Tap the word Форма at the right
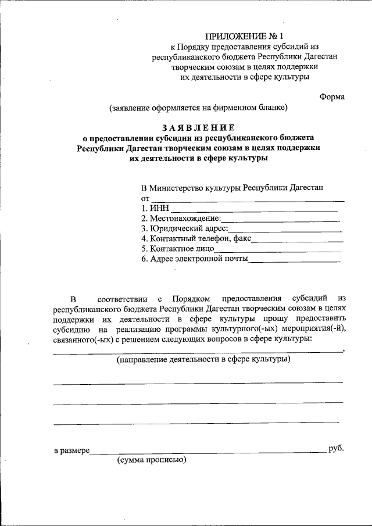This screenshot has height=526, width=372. point(332,96)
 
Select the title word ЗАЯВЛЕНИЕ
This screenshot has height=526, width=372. point(199,127)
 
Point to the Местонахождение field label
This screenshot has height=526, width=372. point(181,219)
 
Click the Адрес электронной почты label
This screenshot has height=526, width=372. point(194,259)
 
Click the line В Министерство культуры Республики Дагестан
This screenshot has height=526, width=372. point(233,188)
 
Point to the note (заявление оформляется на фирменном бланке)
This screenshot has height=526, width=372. point(198,108)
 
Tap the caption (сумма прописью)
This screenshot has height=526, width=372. point(151,460)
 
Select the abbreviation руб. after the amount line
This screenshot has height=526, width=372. point(336,449)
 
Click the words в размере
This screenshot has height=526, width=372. point(71,450)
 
